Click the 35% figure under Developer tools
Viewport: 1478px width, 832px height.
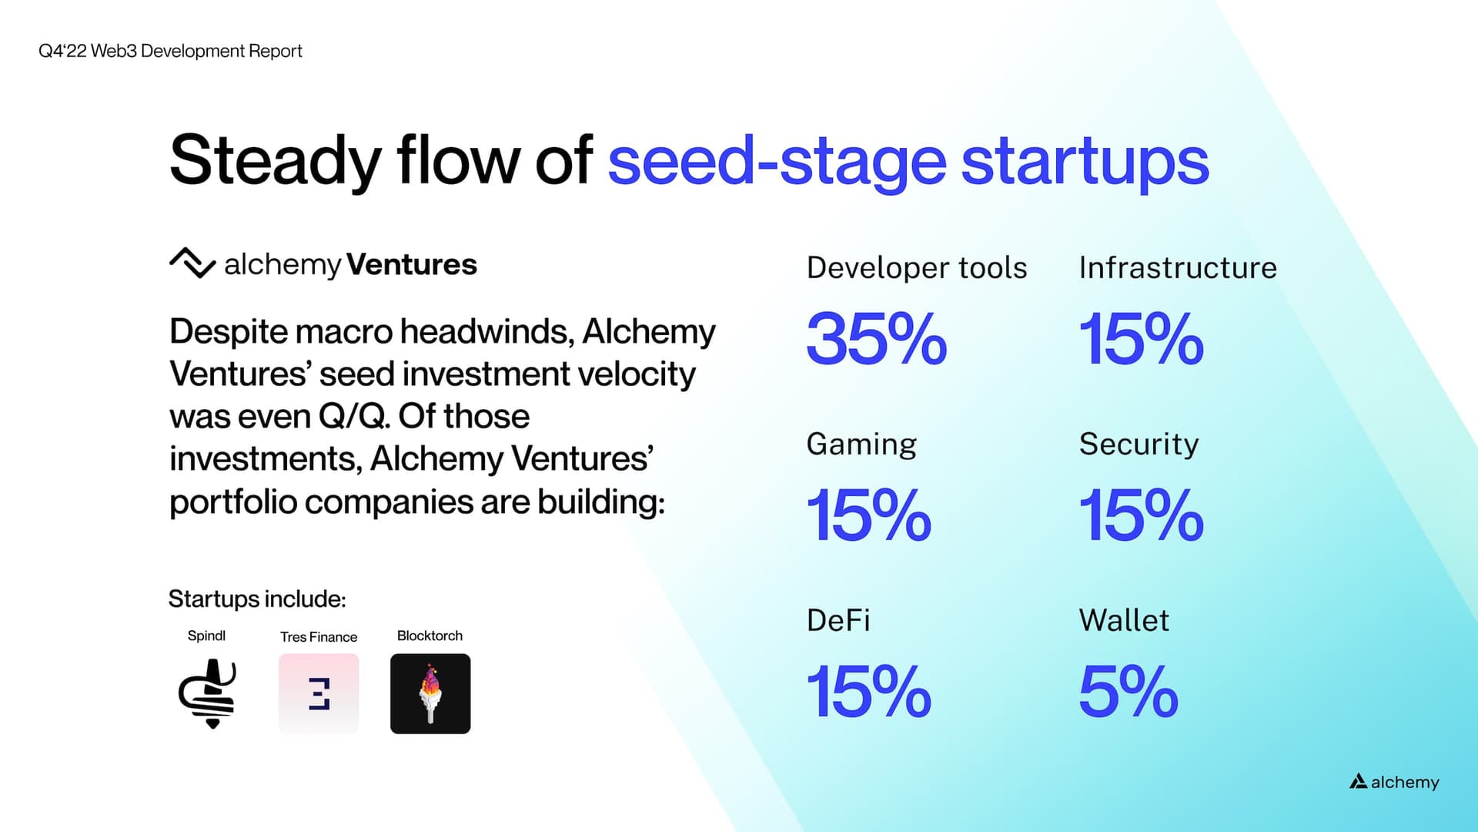[876, 339]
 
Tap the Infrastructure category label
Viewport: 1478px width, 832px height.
[1177, 268]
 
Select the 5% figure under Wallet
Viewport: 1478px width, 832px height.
[1128, 692]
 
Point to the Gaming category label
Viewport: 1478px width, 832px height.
[861, 445]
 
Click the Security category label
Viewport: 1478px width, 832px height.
[1139, 445]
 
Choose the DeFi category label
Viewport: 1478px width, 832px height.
[838, 620]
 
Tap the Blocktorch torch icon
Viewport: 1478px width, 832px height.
[430, 693]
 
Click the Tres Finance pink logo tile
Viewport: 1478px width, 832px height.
[319, 693]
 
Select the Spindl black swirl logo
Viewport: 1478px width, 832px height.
[208, 693]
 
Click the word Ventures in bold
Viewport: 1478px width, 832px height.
[412, 264]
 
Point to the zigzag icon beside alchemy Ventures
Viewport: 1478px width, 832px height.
[192, 263]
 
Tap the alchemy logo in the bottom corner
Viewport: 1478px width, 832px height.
[1394, 782]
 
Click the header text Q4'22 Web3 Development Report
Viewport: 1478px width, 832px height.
[170, 51]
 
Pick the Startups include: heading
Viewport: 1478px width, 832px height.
[257, 599]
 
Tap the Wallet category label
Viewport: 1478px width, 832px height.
[1123, 620]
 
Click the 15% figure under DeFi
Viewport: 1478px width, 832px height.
[868, 692]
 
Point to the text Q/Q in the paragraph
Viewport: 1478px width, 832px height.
[353, 417]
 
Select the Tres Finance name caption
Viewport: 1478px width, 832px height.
[319, 637]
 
